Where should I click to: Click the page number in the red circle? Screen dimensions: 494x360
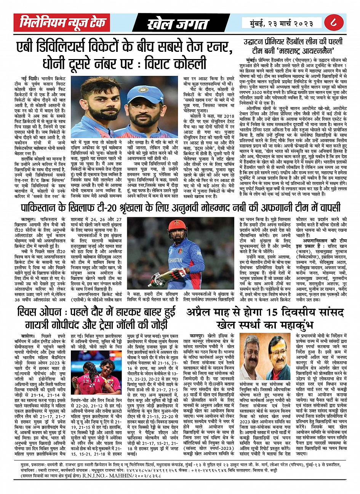(x=334, y=22)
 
